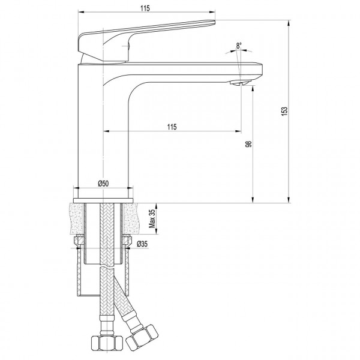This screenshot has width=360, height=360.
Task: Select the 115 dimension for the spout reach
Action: [x=172, y=126]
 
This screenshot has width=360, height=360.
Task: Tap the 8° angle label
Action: [x=239, y=46]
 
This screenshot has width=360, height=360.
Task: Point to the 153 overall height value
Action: [x=284, y=112]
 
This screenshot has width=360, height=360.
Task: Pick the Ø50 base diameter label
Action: [x=103, y=183]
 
